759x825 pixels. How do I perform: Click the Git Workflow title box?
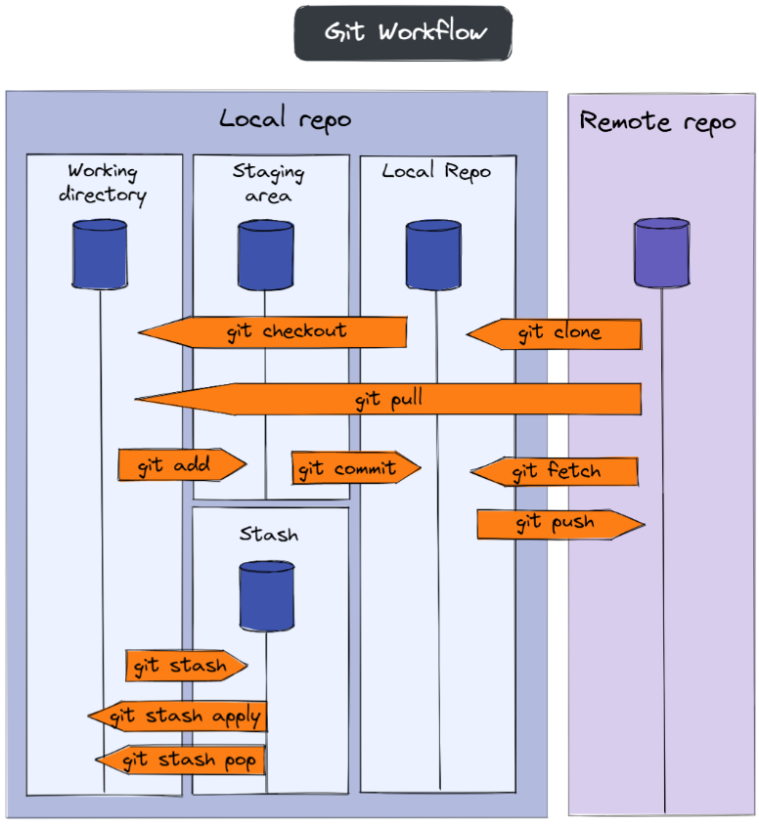pyautogui.click(x=403, y=32)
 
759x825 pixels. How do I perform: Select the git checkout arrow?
pyautogui.click(x=272, y=332)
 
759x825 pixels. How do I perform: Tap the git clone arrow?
pyautogui.click(x=554, y=334)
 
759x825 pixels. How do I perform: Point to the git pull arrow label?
pyautogui.click(x=388, y=400)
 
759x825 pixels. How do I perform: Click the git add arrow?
pyautogui.click(x=182, y=464)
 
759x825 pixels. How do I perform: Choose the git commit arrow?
pyautogui.click(x=356, y=467)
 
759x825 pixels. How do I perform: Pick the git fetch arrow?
pyautogui.click(x=555, y=471)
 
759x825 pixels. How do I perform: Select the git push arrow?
pyautogui.click(x=560, y=524)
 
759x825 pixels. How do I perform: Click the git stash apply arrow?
pyautogui.click(x=177, y=716)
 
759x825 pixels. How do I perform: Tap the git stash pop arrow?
pyautogui.click(x=180, y=760)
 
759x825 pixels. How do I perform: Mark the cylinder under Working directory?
pyautogui.click(x=100, y=254)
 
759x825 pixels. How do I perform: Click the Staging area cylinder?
pyautogui.click(x=265, y=255)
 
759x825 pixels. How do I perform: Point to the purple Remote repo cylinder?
pyautogui.click(x=661, y=253)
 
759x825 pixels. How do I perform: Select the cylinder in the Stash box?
pyautogui.click(x=266, y=596)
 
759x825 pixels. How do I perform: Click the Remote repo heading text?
pyautogui.click(x=657, y=122)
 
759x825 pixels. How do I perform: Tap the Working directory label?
pyautogui.click(x=103, y=183)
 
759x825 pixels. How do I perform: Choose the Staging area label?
pyautogui.click(x=268, y=183)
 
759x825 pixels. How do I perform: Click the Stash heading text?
pyautogui.click(x=269, y=534)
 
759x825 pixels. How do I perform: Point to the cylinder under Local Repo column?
pyautogui.click(x=433, y=255)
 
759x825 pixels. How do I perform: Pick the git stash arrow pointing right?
pyautogui.click(x=187, y=666)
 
